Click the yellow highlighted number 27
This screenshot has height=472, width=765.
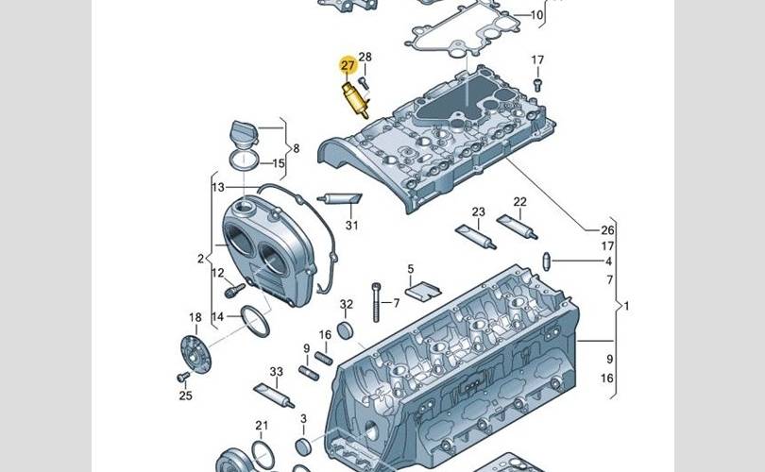click(348, 65)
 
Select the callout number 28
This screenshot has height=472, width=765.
click(365, 59)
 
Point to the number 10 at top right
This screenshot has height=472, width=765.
click(536, 15)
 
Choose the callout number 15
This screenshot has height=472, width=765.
click(279, 163)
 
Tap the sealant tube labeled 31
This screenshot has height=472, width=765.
click(340, 199)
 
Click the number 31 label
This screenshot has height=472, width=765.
click(351, 225)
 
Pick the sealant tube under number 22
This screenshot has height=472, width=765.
click(516, 227)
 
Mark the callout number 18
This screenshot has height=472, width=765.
click(195, 317)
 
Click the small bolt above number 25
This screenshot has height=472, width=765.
click(182, 377)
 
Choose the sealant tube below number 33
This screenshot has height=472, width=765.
click(269, 391)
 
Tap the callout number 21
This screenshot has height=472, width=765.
click(261, 427)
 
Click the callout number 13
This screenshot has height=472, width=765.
click(217, 186)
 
